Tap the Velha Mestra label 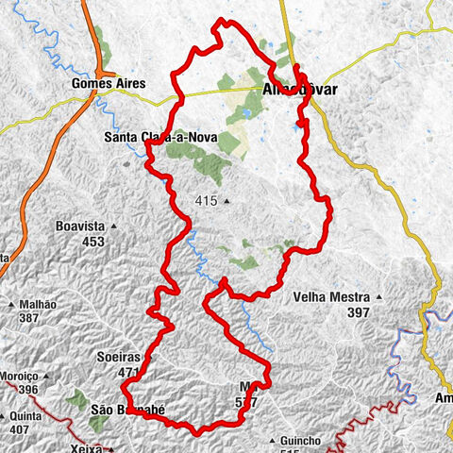click(330, 296)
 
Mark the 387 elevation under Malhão click(28, 318)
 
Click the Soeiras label click(118, 359)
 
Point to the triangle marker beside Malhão click(10, 305)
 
